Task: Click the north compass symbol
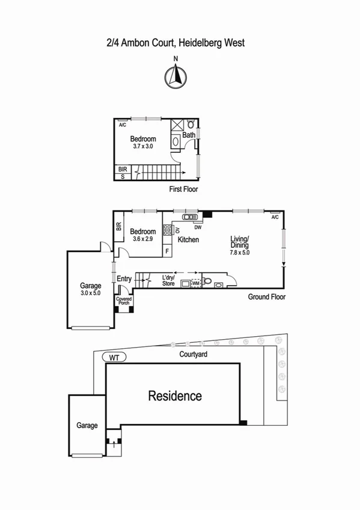click(x=175, y=76)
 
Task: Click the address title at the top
click(x=175, y=43)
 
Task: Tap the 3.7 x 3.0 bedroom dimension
click(x=144, y=146)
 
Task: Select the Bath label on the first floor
click(x=188, y=135)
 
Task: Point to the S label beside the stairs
click(x=123, y=177)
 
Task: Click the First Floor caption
click(x=183, y=189)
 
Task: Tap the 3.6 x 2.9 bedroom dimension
click(x=143, y=239)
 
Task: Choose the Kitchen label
click(x=188, y=240)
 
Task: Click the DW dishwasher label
click(x=197, y=227)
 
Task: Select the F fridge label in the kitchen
click(x=166, y=251)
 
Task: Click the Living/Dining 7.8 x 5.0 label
click(x=239, y=245)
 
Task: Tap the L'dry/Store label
click(x=168, y=280)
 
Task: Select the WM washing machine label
click(x=195, y=283)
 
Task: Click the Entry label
click(x=124, y=278)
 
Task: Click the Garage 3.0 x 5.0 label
click(x=91, y=290)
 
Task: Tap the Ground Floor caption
click(x=266, y=297)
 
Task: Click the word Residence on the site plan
click(x=175, y=396)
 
